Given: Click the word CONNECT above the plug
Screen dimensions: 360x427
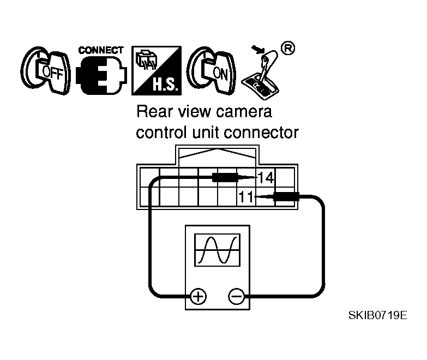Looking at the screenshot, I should click(x=101, y=50).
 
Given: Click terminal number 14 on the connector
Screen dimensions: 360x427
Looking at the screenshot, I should click(x=266, y=177).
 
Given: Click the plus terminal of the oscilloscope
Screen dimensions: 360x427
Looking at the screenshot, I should click(x=197, y=296).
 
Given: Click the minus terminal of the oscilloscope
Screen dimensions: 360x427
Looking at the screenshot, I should click(x=236, y=296).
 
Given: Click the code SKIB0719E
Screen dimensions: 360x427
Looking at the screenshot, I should click(x=378, y=316).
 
